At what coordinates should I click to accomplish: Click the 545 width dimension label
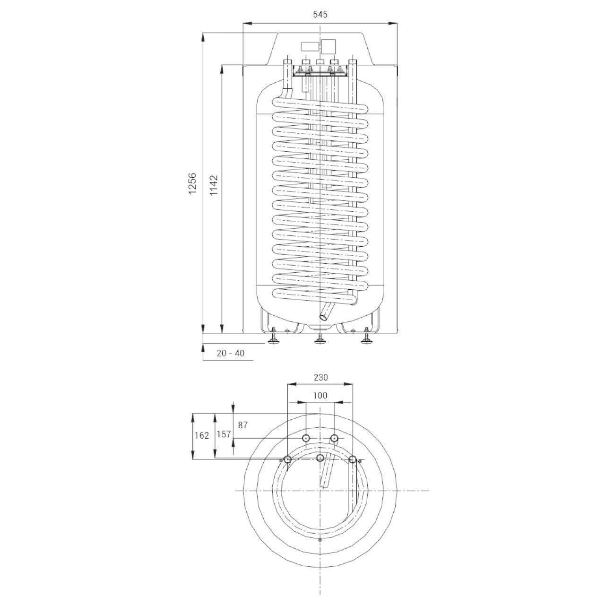pos(320,14)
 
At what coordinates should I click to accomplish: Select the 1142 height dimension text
pos(214,185)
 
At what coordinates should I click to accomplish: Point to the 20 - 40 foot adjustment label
pos(231,353)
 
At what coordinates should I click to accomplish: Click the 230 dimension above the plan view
pos(320,377)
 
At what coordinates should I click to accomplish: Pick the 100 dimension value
pos(320,395)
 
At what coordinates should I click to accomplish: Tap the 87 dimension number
pos(242,425)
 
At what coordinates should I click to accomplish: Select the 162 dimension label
pos(201,435)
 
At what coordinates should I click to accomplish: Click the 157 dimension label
pos(224,434)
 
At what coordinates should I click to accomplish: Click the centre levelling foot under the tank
pos(320,339)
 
